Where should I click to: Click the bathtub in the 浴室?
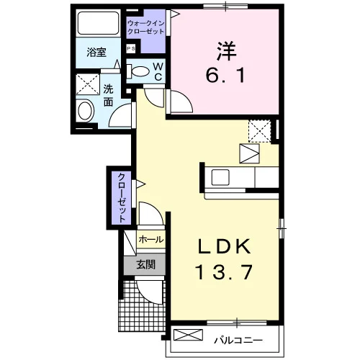tap(99, 23)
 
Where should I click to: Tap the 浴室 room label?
tap(96, 52)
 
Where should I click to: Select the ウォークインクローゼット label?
tap(146, 27)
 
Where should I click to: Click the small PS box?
tap(131, 49)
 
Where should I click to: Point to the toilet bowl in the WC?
tap(138, 71)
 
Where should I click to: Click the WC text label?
tap(158, 71)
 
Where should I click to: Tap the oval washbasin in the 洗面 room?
tap(85, 111)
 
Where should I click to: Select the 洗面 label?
tap(108, 96)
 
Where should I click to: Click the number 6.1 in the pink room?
tap(225, 75)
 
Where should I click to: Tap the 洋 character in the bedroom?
tap(226, 51)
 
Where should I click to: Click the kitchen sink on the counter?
tap(220, 177)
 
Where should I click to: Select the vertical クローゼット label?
tap(122, 198)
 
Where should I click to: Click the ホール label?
tap(151, 239)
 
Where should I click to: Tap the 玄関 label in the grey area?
tap(146, 264)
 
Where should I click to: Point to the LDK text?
tap(225, 246)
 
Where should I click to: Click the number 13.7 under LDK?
tap(224, 272)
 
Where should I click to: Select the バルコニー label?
tap(238, 340)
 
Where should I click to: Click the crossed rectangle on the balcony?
tap(188, 335)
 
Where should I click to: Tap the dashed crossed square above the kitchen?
tap(260, 131)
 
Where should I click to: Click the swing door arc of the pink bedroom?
tap(185, 99)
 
